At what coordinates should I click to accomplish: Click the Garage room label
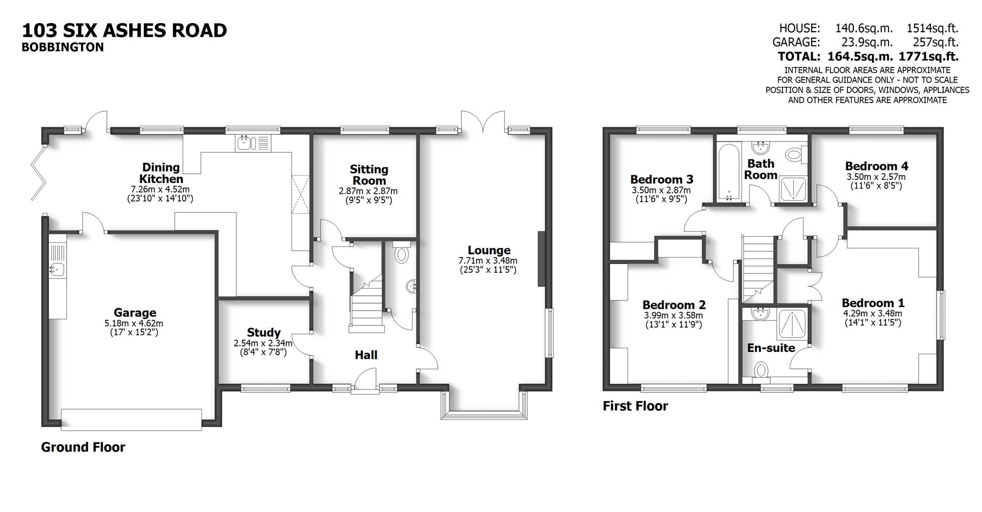click(x=135, y=313)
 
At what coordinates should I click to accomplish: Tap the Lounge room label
click(x=489, y=250)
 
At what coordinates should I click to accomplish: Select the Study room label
click(x=263, y=333)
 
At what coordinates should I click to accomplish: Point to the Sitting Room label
click(x=369, y=175)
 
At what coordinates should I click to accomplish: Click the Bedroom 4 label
click(x=877, y=166)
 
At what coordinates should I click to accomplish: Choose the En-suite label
click(x=771, y=348)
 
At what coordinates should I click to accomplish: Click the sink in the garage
click(x=56, y=269)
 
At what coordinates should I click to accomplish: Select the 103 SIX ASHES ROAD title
click(x=124, y=31)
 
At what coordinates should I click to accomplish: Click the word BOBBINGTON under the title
click(x=62, y=48)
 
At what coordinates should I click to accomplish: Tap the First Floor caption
click(x=635, y=406)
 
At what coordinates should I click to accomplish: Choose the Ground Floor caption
click(x=83, y=448)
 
